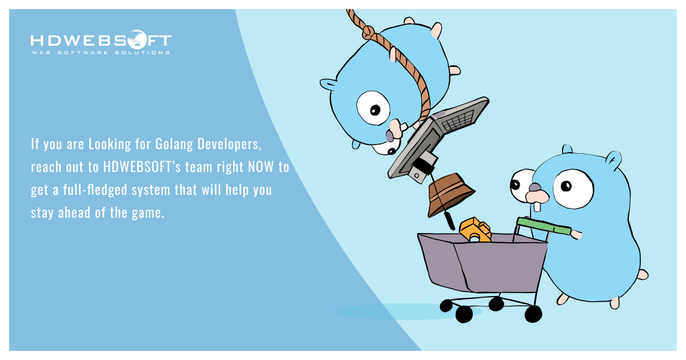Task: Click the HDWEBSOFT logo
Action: [x=101, y=41]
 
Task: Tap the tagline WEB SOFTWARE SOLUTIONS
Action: [x=101, y=53]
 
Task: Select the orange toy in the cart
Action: [x=475, y=230]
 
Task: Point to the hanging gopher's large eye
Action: [x=373, y=107]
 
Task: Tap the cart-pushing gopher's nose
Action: [x=535, y=187]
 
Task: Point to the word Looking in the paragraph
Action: [x=108, y=144]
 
